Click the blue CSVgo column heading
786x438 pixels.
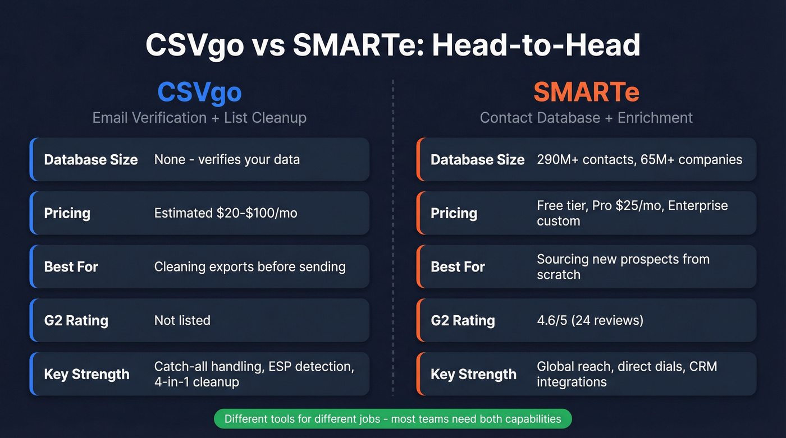pos(199,91)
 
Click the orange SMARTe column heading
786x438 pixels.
pos(586,91)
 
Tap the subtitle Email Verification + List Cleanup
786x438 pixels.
pos(199,118)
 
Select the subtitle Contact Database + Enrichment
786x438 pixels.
pos(586,118)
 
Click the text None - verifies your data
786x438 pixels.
pos(227,160)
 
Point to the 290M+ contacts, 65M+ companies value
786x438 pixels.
pos(639,160)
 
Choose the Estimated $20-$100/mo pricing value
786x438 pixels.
pos(226,213)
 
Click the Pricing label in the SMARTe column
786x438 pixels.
pos(454,213)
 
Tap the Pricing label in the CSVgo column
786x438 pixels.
pos(67,213)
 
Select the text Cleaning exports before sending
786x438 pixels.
pos(250,267)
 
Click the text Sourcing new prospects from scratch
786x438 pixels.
pos(623,267)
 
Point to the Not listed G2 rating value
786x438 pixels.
pos(182,320)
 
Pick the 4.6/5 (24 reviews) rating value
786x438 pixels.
pos(590,320)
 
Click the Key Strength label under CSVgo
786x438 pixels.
pos(86,374)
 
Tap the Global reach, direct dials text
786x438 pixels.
pos(627,367)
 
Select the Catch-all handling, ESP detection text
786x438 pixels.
pos(254,367)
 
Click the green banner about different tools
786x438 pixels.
pos(392,419)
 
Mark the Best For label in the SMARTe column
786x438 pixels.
pos(458,267)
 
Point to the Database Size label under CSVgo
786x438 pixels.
pos(91,160)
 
